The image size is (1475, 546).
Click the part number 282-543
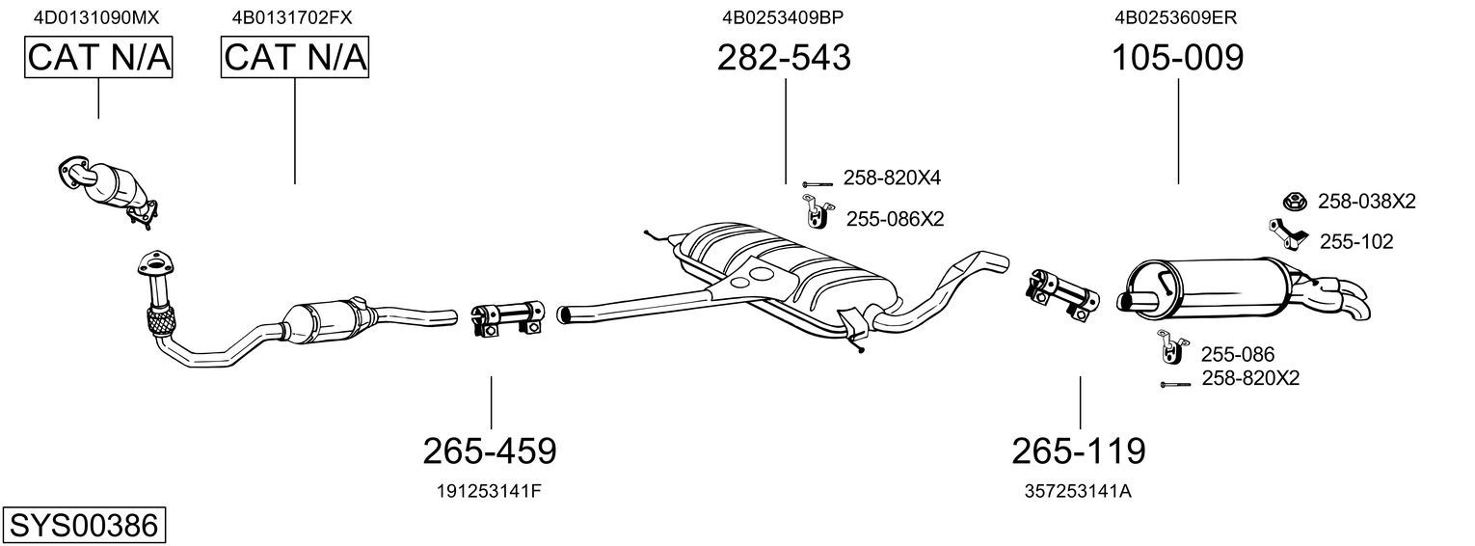784,57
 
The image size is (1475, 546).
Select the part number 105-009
1178,57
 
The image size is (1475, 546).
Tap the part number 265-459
490,451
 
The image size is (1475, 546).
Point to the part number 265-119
1079,451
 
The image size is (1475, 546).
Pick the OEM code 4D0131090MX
96,17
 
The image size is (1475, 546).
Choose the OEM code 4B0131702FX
292,17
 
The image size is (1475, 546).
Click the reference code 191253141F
489,491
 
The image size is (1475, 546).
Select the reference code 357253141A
1078,491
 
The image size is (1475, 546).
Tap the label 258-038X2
1366,202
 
